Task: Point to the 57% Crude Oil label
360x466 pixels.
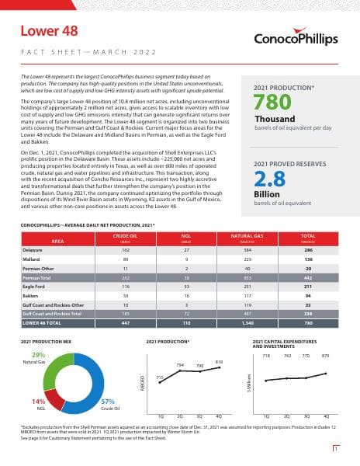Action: (109, 402)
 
